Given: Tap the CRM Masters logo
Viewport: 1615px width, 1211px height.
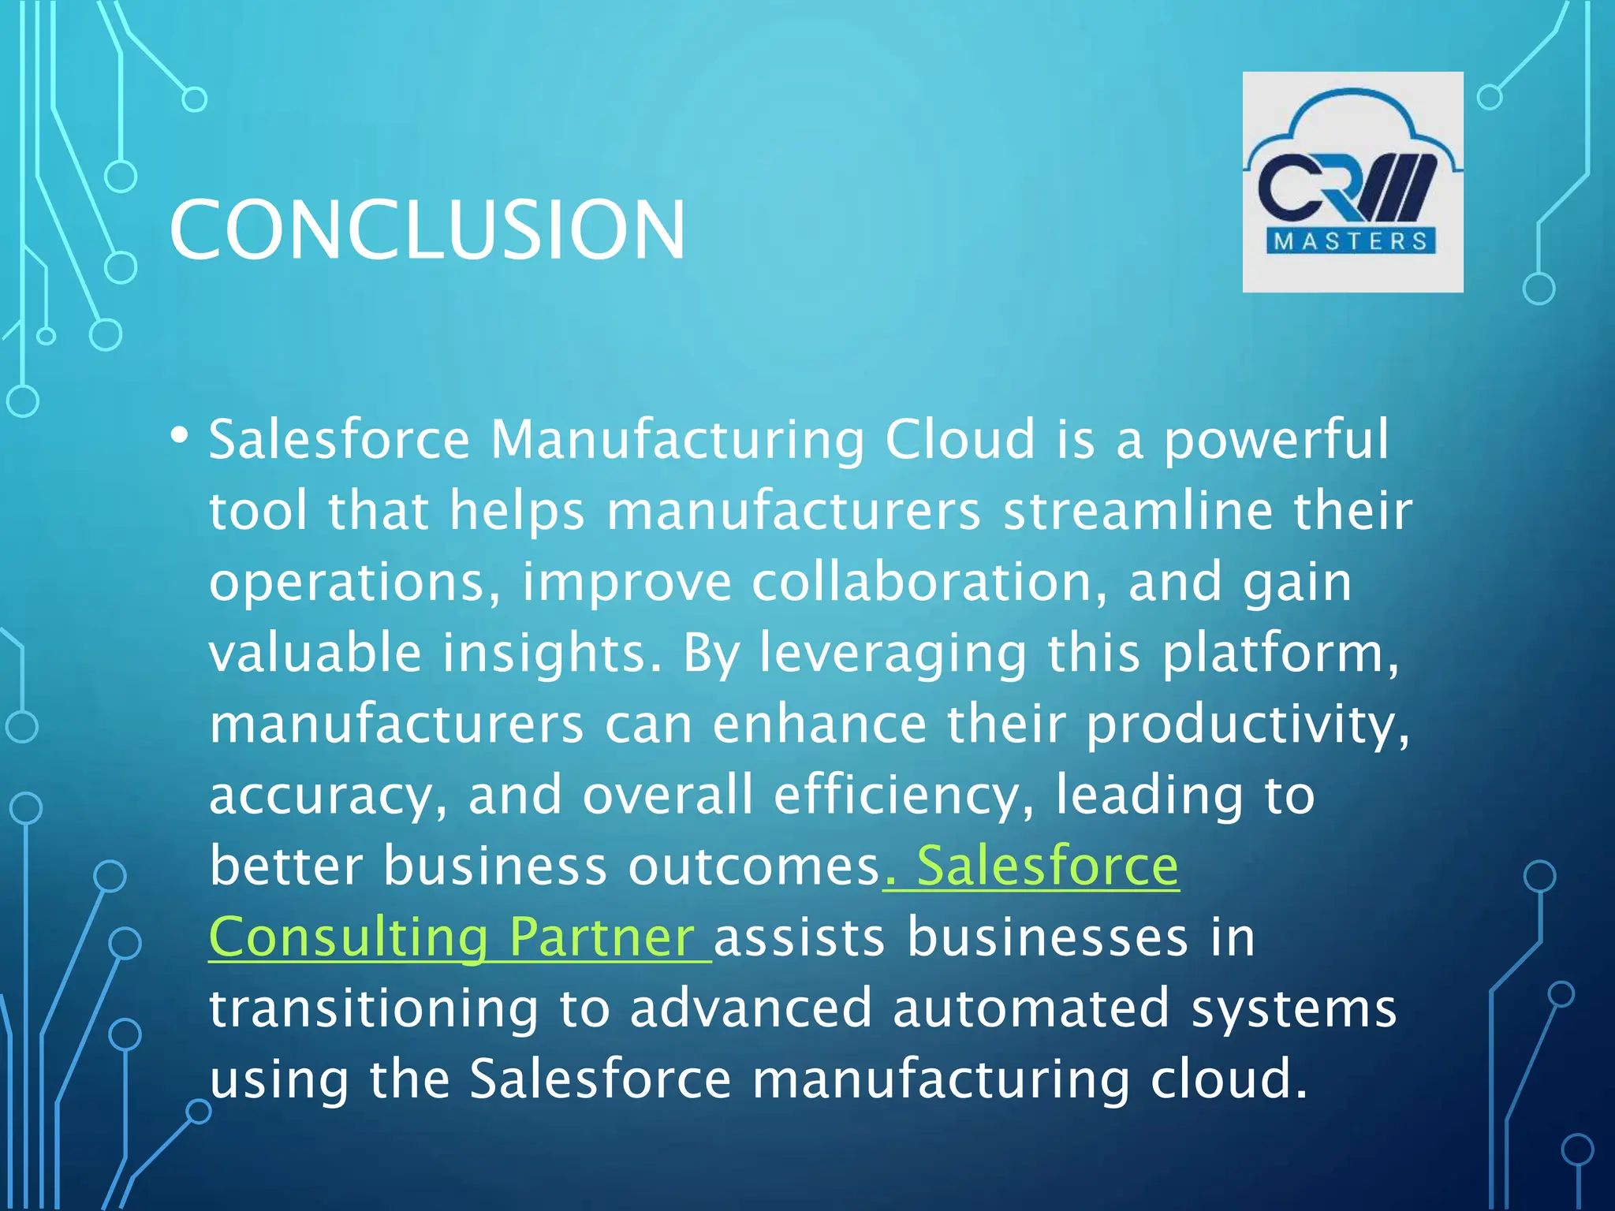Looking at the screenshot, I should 1352,182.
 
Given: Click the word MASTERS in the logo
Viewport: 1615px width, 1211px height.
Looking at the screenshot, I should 1352,241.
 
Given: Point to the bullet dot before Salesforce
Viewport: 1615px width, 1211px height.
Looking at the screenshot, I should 180,434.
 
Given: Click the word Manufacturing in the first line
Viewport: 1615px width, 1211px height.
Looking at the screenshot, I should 677,439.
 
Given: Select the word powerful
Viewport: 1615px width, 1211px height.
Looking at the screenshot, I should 1276,441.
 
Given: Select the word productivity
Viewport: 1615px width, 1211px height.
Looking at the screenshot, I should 1246,725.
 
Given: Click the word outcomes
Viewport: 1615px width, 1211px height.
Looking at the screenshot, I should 753,866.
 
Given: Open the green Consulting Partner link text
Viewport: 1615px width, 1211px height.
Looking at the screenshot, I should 452,937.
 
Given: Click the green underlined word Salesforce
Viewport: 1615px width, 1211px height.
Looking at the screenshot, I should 1047,866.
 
